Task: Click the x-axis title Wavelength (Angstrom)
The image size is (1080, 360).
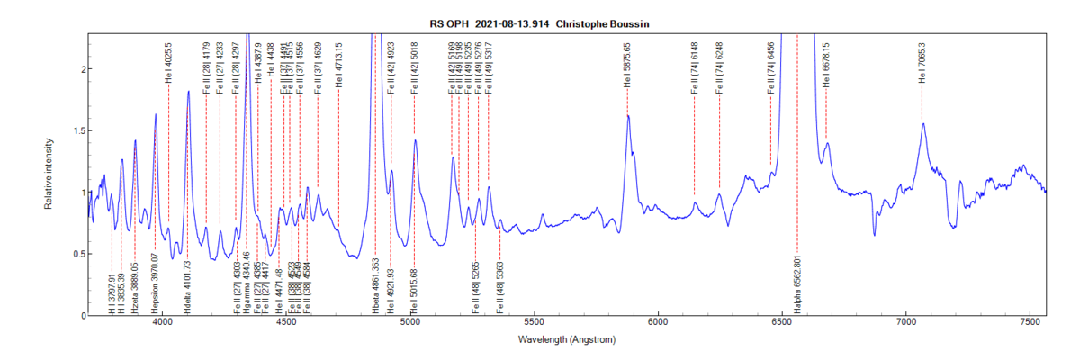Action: point(566,340)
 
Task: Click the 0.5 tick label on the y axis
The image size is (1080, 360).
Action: point(78,254)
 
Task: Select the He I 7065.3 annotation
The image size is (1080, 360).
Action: point(922,63)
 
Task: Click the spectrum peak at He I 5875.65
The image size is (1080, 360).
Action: point(628,116)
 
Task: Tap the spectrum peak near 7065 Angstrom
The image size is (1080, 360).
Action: point(923,124)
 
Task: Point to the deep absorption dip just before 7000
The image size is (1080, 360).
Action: point(875,235)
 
